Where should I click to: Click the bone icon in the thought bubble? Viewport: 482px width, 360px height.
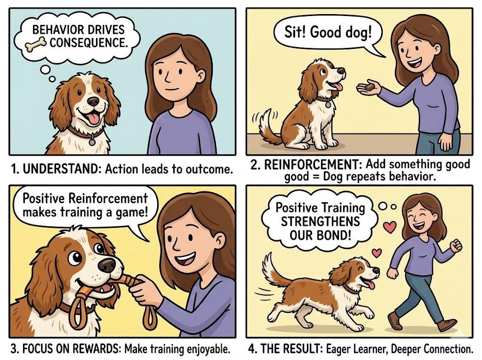click(36, 44)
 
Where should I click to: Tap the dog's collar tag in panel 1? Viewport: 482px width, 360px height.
click(92, 142)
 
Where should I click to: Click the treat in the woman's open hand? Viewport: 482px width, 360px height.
click(370, 87)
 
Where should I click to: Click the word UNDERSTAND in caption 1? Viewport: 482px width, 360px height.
click(62, 169)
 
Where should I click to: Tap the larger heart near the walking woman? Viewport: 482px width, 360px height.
click(390, 227)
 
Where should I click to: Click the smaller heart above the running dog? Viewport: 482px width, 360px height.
click(377, 253)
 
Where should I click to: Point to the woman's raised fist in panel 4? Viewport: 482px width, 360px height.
click(456, 245)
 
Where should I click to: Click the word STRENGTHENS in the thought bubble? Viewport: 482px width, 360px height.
click(320, 221)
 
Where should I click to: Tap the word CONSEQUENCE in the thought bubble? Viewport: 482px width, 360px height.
click(88, 43)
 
